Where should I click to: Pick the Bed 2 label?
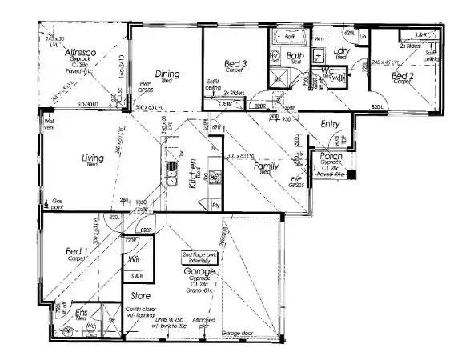403,76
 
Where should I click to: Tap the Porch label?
331,156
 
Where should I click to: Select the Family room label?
267,168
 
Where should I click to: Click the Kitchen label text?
193,173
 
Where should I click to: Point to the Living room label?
93,158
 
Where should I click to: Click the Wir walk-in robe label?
135,258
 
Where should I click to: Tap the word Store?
142,296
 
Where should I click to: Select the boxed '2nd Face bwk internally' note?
205,258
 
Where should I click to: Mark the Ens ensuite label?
81,313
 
